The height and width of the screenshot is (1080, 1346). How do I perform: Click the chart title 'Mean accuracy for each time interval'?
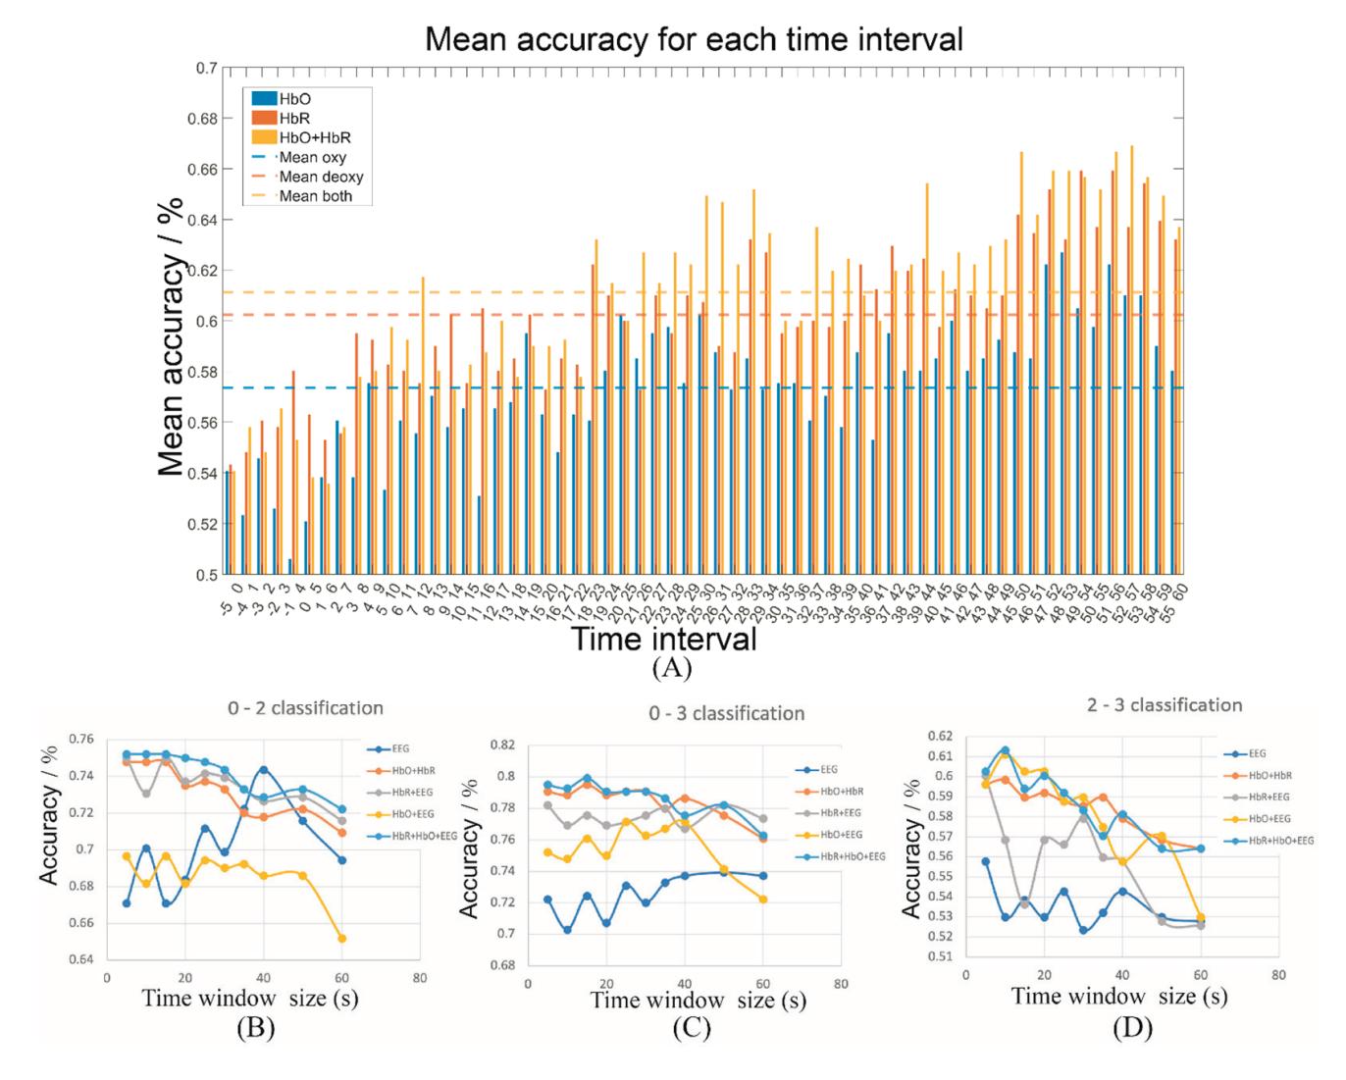[x=694, y=39]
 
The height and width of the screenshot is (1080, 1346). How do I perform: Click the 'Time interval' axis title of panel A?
[x=664, y=640]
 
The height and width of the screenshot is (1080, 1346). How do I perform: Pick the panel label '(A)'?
[x=671, y=669]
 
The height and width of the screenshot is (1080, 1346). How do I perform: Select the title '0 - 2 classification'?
[x=305, y=707]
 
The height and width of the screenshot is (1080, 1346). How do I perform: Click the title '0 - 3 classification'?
[x=727, y=713]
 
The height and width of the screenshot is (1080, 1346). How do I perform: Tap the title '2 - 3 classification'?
[x=1165, y=705]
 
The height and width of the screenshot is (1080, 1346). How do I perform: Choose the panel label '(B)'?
[x=253, y=1028]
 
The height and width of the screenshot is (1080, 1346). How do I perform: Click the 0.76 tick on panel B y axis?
[x=81, y=739]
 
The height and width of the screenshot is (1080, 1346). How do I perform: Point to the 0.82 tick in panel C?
[x=502, y=746]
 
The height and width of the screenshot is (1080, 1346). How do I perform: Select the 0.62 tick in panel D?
[x=939, y=736]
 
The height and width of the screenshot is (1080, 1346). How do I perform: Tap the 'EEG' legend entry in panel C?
[x=828, y=770]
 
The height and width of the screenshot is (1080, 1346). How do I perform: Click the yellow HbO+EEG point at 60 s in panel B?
[x=341, y=939]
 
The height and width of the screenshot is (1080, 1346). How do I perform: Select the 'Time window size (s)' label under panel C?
[x=699, y=1000]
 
